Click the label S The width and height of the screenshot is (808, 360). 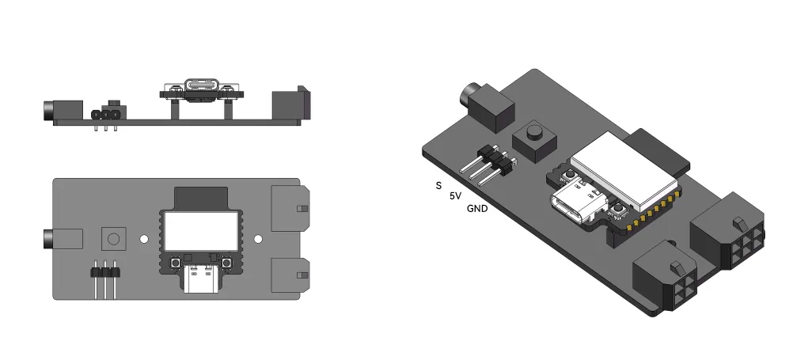pos(438,186)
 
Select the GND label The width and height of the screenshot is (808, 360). pos(477,209)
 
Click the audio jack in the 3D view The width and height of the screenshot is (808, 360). pos(484,106)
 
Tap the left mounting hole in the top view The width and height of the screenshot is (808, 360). pos(144,238)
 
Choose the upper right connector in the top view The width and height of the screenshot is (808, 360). pos(289,209)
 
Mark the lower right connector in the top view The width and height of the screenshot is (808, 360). pos(289,275)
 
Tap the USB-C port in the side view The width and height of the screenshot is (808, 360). pos(201,85)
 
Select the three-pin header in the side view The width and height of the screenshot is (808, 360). pos(106,116)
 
